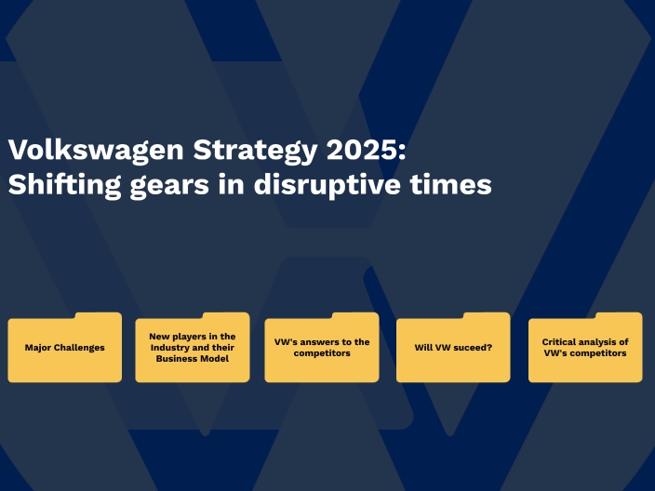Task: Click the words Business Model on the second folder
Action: tap(193, 358)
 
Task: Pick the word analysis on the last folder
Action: tap(602, 342)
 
